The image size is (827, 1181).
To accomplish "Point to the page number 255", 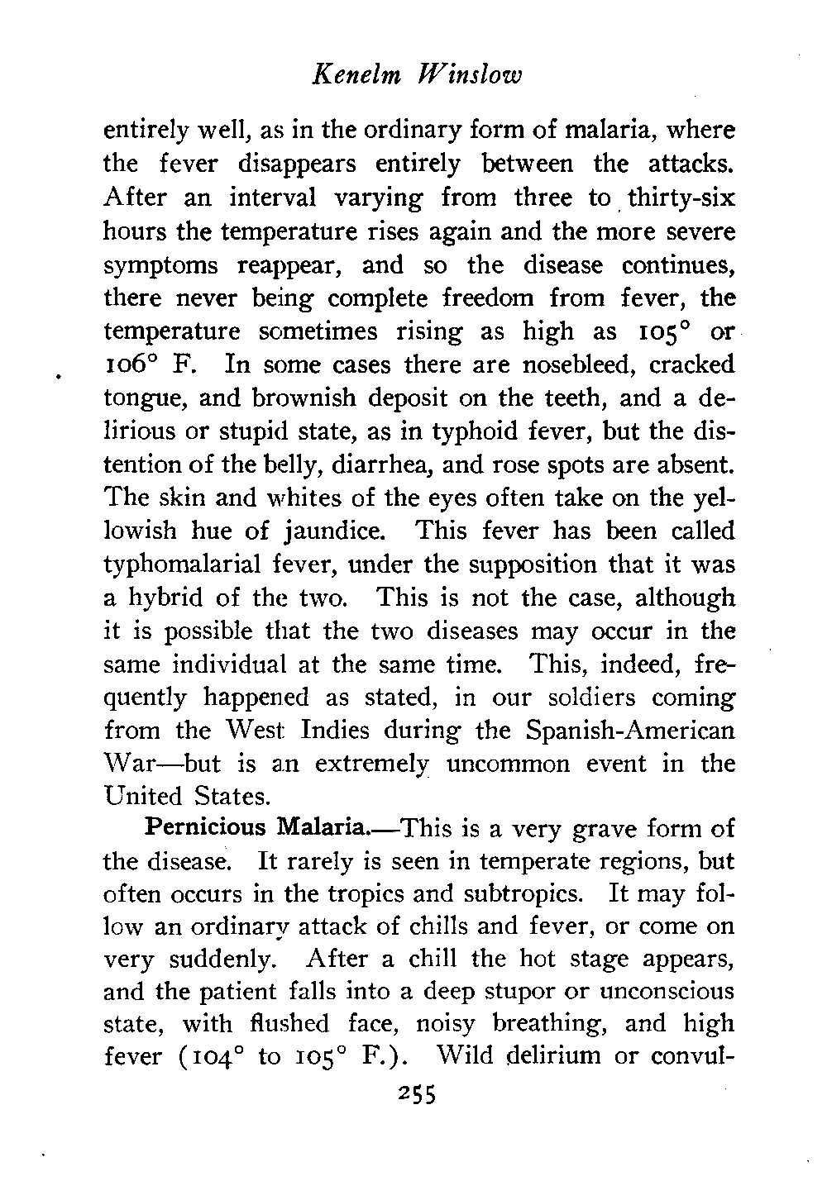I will coord(416,1095).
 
